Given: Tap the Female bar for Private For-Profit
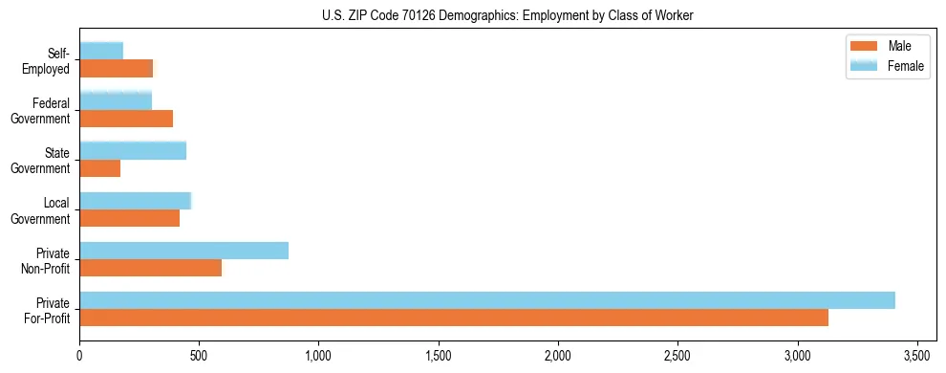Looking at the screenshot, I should pos(487,300).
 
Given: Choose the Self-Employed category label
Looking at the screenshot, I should pos(51,60).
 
